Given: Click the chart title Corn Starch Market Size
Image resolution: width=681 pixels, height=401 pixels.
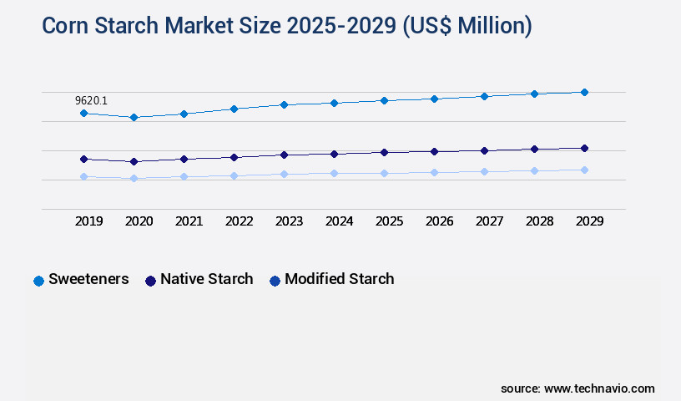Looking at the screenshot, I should pyautogui.click(x=286, y=26).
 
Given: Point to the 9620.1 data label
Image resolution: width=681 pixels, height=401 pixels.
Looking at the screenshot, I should pyautogui.click(x=91, y=100).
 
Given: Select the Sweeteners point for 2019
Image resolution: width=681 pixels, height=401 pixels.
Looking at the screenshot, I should pyautogui.click(x=83, y=113).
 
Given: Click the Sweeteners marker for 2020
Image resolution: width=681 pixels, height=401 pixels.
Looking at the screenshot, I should pyautogui.click(x=134, y=117).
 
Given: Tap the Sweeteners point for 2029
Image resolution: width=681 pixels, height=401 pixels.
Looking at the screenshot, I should pyautogui.click(x=584, y=92).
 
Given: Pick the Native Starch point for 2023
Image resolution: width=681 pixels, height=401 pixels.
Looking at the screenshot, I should pyautogui.click(x=284, y=155).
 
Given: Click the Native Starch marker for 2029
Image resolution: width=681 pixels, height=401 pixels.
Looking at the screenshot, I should pyautogui.click(x=584, y=148).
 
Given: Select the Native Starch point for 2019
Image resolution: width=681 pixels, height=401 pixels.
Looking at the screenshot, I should pyautogui.click(x=83, y=159).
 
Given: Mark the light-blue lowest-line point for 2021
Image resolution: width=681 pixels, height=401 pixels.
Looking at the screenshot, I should pyautogui.click(x=184, y=176).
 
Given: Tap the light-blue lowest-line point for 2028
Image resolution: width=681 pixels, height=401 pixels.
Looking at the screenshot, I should pyautogui.click(x=534, y=170).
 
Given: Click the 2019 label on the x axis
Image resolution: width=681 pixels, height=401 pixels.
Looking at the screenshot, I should pyautogui.click(x=89, y=221).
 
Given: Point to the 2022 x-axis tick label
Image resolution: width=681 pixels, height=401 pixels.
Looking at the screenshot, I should pyautogui.click(x=240, y=221).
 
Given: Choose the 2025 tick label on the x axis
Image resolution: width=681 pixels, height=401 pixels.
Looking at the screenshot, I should pyautogui.click(x=390, y=221).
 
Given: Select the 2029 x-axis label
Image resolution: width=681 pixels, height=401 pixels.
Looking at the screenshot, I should pyautogui.click(x=590, y=221).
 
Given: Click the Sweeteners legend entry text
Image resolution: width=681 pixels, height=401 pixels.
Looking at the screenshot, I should pyautogui.click(x=88, y=279).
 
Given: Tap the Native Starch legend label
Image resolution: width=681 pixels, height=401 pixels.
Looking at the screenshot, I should pyautogui.click(x=206, y=279).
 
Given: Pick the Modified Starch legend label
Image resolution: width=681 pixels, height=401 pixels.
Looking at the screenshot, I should pyautogui.click(x=339, y=279).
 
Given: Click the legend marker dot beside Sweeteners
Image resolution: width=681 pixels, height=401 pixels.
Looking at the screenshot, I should pyautogui.click(x=38, y=281).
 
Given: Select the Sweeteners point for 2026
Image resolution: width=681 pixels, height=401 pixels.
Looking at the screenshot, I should pyautogui.click(x=434, y=99).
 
